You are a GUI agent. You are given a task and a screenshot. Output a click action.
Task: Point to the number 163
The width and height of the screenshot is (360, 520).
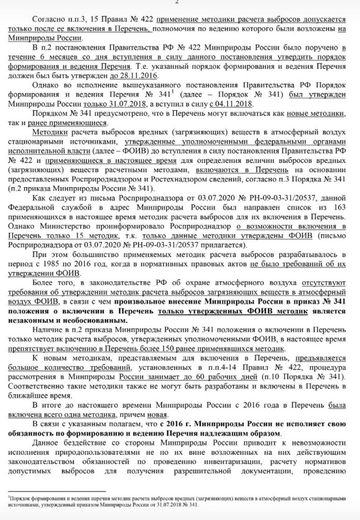340,208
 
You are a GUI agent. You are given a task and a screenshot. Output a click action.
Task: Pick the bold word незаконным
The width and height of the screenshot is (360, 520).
28,320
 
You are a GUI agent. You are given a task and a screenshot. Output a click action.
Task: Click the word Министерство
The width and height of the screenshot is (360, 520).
65,227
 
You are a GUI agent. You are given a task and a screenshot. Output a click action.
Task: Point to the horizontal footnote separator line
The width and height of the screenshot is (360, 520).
57,491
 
